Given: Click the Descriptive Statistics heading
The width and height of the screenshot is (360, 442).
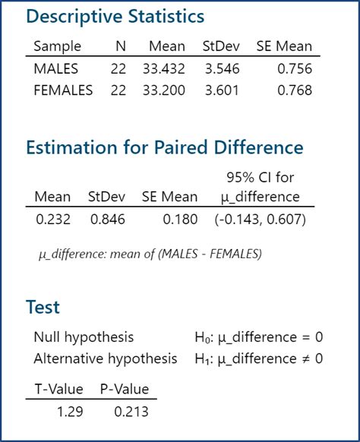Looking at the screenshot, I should point(115,16).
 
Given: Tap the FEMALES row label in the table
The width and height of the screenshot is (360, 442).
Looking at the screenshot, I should point(64,90).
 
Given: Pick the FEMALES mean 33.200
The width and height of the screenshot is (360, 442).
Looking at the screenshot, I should point(163,90).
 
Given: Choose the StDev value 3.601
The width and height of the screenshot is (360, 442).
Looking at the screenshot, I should point(221,90).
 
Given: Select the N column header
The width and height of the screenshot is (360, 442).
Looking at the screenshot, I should point(120,46).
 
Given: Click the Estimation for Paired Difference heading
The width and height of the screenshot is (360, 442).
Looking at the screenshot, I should point(165,147).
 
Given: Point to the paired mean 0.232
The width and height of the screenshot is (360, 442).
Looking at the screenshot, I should point(52,220).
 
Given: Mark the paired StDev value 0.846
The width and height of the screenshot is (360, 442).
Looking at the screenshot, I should point(108,220).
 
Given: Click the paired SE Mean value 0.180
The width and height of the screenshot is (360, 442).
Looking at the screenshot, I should point(179,220).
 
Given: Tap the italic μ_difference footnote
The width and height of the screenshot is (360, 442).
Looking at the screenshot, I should point(150,254).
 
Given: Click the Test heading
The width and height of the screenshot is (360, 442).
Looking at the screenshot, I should point(43,308).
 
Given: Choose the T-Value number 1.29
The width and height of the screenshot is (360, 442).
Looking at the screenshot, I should point(69,412).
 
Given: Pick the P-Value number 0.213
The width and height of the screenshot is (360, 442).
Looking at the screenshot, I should point(131,412).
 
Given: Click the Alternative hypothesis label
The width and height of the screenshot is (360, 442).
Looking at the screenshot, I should point(105,358).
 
